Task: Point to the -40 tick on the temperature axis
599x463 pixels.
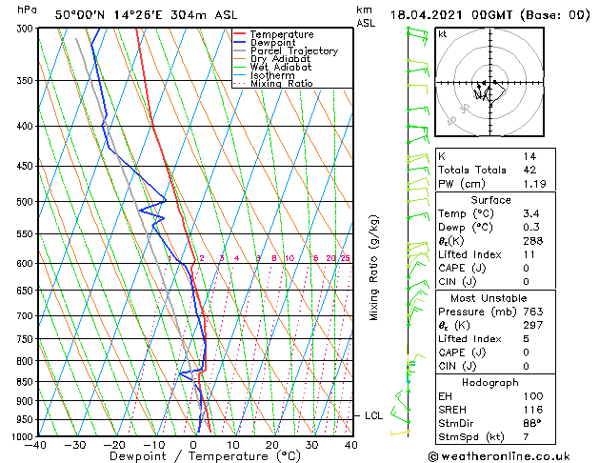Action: [37, 444]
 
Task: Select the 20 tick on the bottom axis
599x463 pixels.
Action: [272, 444]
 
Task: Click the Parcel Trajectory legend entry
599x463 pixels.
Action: [293, 51]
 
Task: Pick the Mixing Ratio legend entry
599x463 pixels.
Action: [281, 84]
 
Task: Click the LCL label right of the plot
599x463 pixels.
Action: [373, 416]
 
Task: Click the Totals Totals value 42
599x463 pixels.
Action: [529, 170]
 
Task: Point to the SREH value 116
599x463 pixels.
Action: [531, 409]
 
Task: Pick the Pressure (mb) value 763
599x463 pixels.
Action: [531, 311]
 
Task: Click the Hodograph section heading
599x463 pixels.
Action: [490, 381]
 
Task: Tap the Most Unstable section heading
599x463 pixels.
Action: [490, 296]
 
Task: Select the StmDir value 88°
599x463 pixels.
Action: [531, 423]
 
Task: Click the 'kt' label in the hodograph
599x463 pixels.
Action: [442, 34]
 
